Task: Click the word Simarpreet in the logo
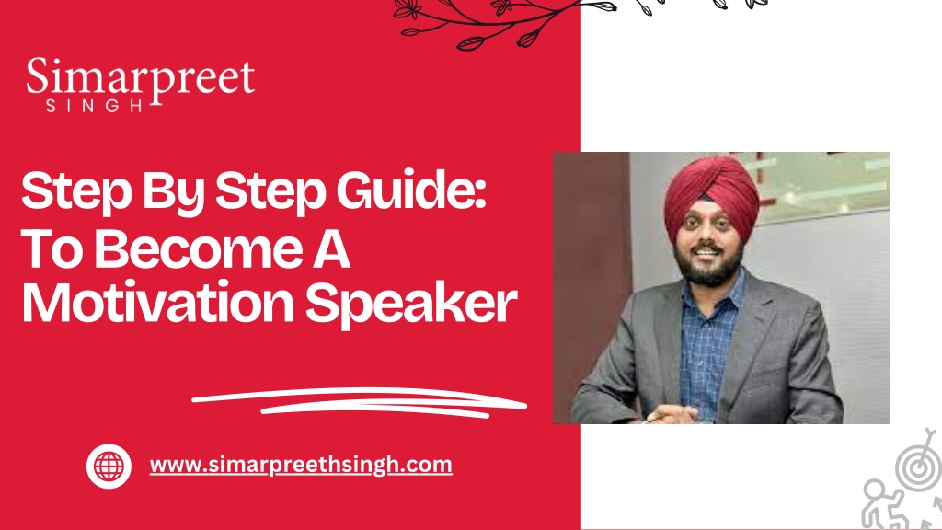click(x=140, y=79)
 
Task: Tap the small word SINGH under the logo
click(x=95, y=106)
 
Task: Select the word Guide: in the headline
click(x=411, y=190)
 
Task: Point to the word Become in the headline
click(x=199, y=248)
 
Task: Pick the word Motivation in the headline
click(x=158, y=303)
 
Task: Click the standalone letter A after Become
click(x=331, y=249)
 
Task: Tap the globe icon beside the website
click(x=109, y=466)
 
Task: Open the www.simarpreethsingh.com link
click(x=301, y=465)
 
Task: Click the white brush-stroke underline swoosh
click(x=360, y=402)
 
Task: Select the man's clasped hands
click(x=671, y=415)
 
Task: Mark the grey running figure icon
click(x=883, y=505)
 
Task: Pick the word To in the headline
click(x=52, y=249)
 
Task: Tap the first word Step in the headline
click(x=76, y=192)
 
